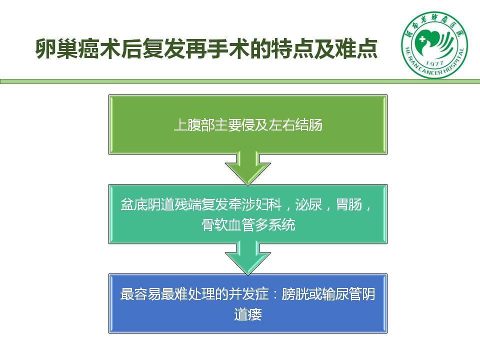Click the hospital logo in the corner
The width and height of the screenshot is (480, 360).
point(434,45)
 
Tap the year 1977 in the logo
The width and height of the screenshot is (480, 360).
point(434,63)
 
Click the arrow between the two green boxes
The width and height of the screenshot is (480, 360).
point(248,168)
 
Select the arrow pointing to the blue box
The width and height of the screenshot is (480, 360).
point(248,257)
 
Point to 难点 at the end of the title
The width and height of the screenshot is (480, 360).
point(356,49)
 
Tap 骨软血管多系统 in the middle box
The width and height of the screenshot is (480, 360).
point(248,224)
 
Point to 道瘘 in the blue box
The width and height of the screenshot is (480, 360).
point(248,314)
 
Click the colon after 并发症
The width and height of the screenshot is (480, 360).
point(275,295)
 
